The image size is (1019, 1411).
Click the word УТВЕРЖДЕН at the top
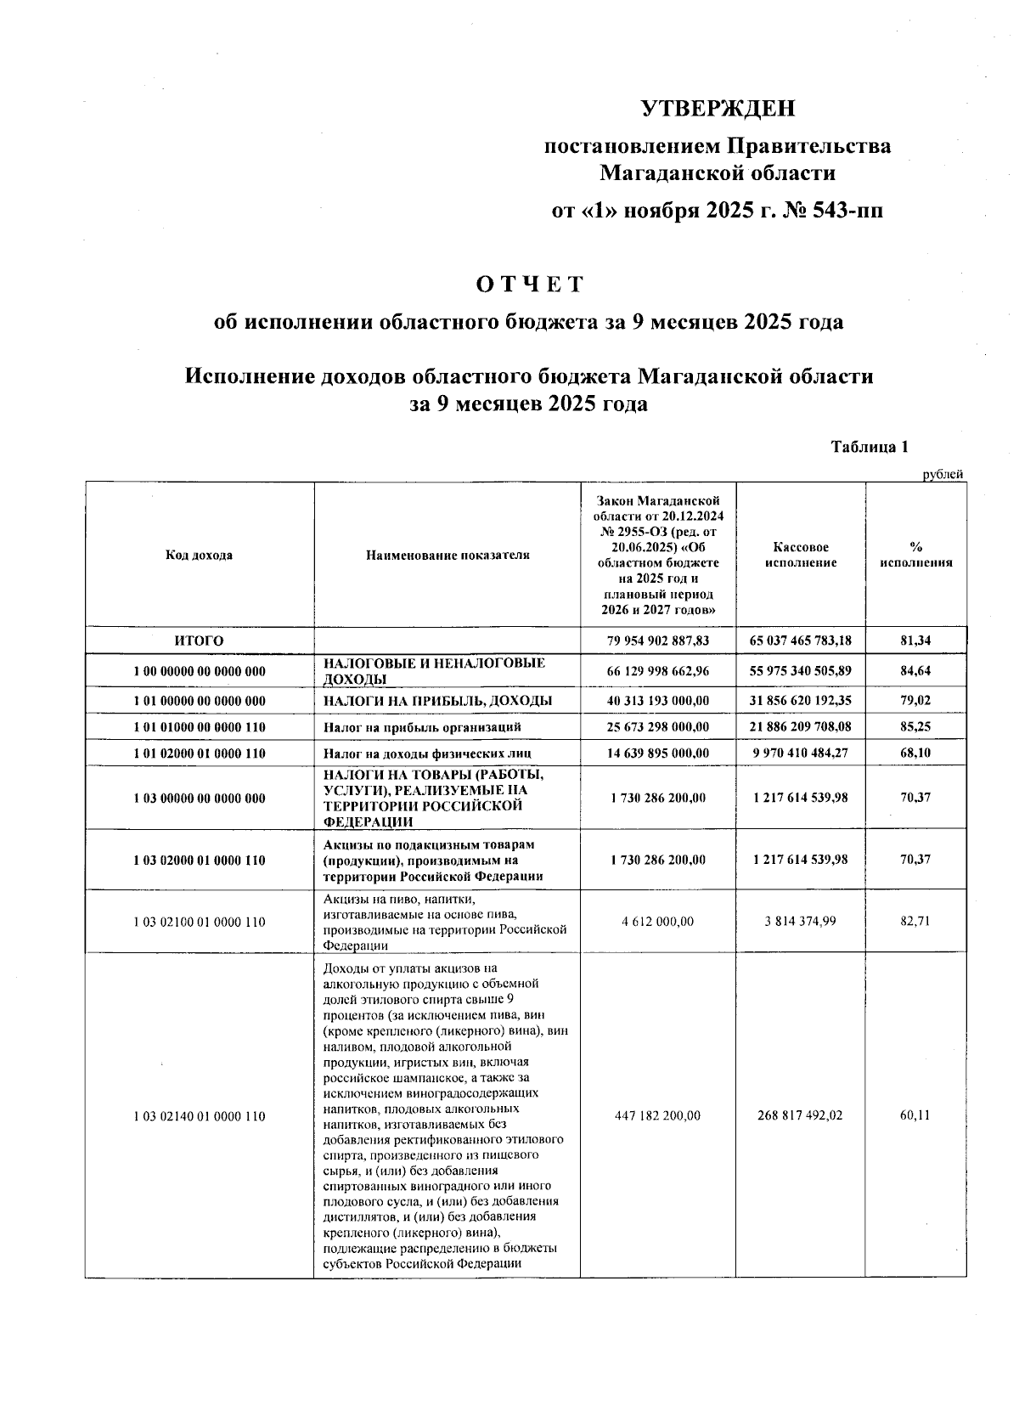pyautogui.click(x=718, y=109)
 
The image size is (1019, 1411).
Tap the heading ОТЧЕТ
pyautogui.click(x=530, y=284)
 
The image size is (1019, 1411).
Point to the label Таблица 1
pyautogui.click(x=870, y=447)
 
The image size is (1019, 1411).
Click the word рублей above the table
pyautogui.click(x=943, y=475)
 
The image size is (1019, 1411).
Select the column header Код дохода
pyautogui.click(x=199, y=555)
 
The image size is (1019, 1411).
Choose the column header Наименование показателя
pyautogui.click(x=448, y=555)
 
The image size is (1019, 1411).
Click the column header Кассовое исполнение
pyautogui.click(x=800, y=555)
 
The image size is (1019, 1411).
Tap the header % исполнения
pyautogui.click(x=915, y=555)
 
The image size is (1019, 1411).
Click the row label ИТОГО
pyautogui.click(x=199, y=641)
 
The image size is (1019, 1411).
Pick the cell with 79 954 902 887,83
pyautogui.click(x=658, y=641)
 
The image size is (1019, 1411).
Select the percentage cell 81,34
pyautogui.click(x=915, y=641)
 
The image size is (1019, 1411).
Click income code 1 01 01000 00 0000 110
pyautogui.click(x=199, y=727)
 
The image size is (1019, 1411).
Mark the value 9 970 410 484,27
pyautogui.click(x=800, y=753)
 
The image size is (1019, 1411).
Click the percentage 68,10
pyautogui.click(x=915, y=753)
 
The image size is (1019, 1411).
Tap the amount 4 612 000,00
pyautogui.click(x=658, y=921)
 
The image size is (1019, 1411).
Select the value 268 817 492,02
pyautogui.click(x=800, y=1115)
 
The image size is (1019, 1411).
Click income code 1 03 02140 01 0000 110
pyautogui.click(x=199, y=1116)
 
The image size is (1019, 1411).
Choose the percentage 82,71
pyautogui.click(x=915, y=921)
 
